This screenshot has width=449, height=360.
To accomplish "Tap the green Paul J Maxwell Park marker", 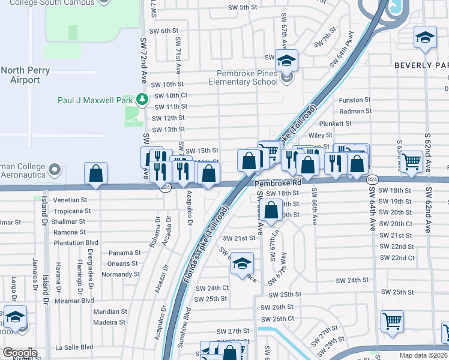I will pos(142,98).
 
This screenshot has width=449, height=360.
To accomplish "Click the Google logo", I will pos(20,353).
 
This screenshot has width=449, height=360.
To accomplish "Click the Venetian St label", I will pos(70,200).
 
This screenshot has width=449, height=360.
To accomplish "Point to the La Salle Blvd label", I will pos(74,347).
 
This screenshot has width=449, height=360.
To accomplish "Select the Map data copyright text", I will pos(424,355).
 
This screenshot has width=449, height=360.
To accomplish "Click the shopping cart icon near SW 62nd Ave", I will pos(411,161).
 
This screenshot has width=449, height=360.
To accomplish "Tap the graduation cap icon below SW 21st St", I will pos(242,263).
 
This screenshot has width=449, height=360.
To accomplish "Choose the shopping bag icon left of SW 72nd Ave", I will pos(96,174).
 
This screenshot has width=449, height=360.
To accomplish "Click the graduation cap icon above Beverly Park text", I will pos(425,38).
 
